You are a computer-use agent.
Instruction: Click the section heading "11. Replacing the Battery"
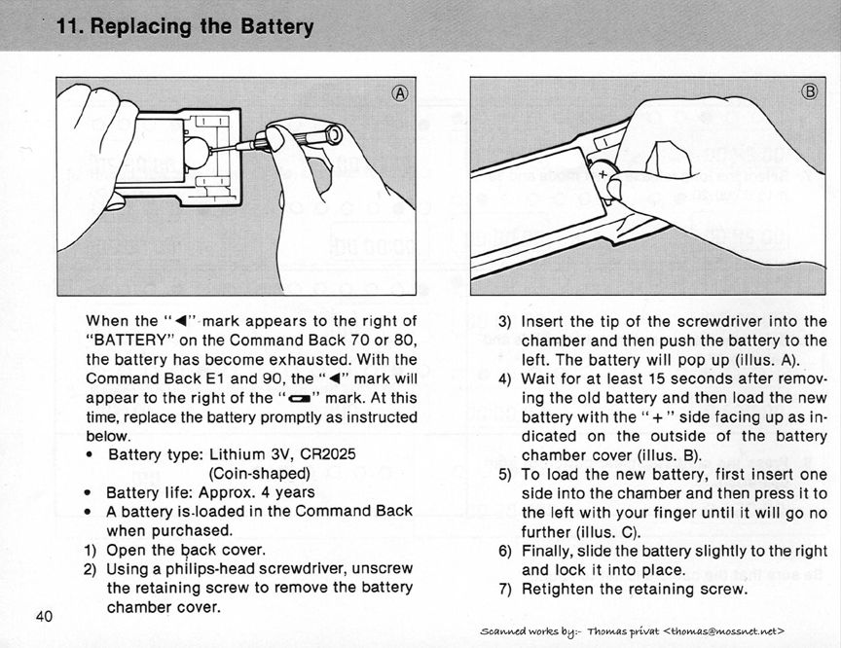pyautogui.click(x=185, y=27)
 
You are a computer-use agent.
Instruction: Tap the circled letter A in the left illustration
pyautogui.click(x=399, y=93)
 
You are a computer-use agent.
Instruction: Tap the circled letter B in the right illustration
pyautogui.click(x=810, y=93)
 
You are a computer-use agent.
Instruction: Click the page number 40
pyautogui.click(x=44, y=615)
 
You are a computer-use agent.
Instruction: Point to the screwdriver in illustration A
pyautogui.click(x=292, y=139)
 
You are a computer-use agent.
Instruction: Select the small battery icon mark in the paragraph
pyautogui.click(x=294, y=398)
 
